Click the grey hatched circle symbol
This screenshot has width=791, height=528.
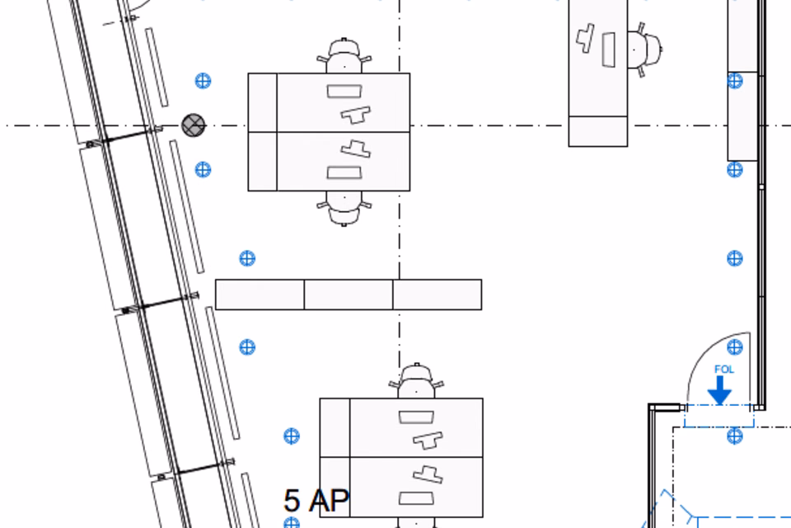193,125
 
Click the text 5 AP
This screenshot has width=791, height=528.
316,500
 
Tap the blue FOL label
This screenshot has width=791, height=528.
724,370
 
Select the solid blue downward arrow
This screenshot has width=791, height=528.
720,390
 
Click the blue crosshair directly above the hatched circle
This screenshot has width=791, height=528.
203,81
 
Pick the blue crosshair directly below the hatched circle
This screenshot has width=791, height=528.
203,170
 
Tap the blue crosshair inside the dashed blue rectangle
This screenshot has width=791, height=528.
735,436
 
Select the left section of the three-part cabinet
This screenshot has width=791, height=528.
260,295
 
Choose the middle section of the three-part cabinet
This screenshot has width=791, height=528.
349,295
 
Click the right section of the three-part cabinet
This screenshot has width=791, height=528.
438,295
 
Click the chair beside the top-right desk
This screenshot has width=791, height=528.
644,49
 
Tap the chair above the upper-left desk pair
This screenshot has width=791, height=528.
344,55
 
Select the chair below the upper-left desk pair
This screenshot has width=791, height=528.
344,208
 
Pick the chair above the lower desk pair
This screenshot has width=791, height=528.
416,380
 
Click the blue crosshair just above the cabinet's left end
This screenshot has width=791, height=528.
247,259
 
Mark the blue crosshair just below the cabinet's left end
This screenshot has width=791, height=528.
247,347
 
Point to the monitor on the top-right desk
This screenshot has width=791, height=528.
609,49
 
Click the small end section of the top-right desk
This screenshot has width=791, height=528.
598,131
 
